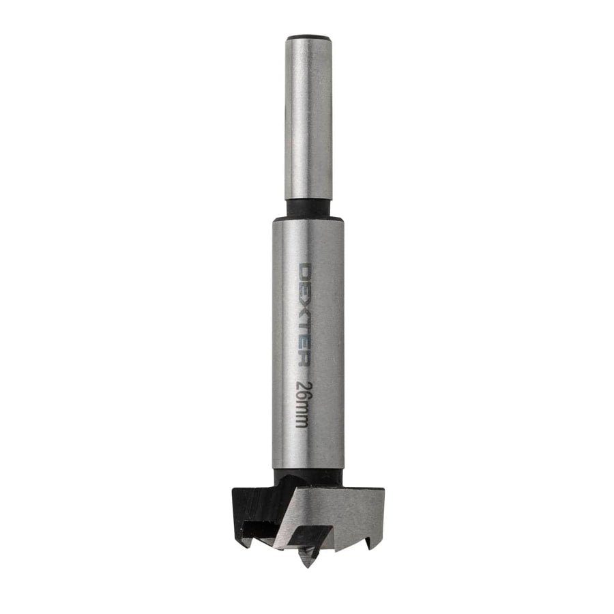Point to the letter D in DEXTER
307,272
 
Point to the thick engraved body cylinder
308,341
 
